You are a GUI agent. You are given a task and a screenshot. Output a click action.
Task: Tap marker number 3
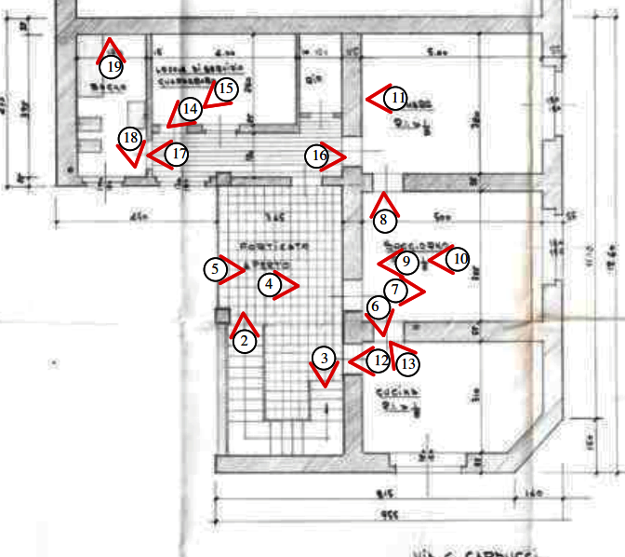click(x=322, y=358)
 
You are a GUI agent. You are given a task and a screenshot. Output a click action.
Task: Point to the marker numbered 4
click(x=269, y=285)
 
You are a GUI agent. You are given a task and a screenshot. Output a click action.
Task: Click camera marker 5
click(x=216, y=268)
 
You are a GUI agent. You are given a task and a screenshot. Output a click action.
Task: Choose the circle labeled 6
click(x=375, y=306)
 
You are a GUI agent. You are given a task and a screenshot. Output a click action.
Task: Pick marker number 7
click(x=395, y=291)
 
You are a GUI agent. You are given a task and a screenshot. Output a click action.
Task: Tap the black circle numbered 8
click(x=384, y=221)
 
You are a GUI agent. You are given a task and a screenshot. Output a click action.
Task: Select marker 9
click(x=406, y=262)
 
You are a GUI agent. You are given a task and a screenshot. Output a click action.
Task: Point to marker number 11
click(x=396, y=98)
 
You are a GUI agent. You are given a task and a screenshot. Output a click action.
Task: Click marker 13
click(x=406, y=364)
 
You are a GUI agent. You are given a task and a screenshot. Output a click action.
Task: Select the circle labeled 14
click(x=190, y=108)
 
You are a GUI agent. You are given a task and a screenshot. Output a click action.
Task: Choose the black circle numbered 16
click(x=317, y=156)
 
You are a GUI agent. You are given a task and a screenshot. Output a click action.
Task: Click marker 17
click(x=178, y=154)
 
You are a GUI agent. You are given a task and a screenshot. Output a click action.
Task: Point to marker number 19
click(x=113, y=66)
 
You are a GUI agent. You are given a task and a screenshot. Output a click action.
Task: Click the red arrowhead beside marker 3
click(x=324, y=376)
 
